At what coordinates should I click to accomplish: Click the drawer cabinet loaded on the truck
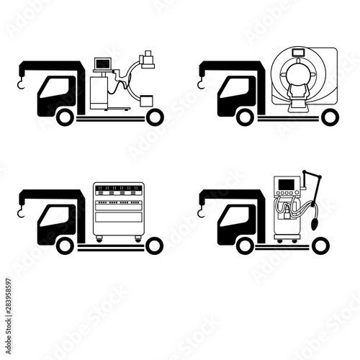[x=118, y=212]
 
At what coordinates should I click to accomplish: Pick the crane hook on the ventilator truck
[x=202, y=214]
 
